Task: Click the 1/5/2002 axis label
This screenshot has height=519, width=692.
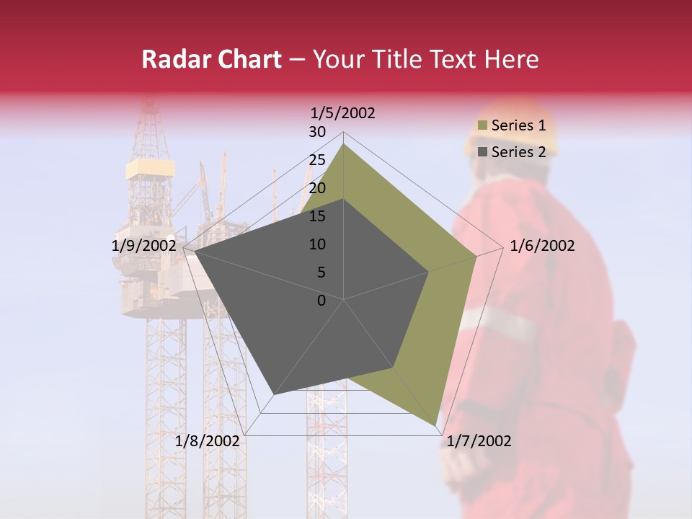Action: (x=343, y=112)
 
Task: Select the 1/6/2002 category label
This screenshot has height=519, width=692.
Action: (x=542, y=246)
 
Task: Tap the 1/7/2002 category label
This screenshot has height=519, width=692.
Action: (x=479, y=441)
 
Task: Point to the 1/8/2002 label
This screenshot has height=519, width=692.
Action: (x=208, y=441)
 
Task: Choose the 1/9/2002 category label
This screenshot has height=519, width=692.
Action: (x=144, y=246)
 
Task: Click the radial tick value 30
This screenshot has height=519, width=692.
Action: (x=317, y=132)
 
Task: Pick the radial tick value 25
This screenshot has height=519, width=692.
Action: (x=317, y=160)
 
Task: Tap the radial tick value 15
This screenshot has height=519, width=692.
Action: (x=317, y=216)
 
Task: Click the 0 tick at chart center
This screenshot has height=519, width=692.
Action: (x=321, y=301)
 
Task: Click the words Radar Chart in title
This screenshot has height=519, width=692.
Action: (x=211, y=60)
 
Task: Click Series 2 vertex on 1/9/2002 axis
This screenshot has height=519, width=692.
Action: (x=195, y=252)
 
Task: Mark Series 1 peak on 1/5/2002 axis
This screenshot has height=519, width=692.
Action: (x=344, y=143)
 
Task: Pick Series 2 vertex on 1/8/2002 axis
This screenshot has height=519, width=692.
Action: (x=275, y=394)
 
